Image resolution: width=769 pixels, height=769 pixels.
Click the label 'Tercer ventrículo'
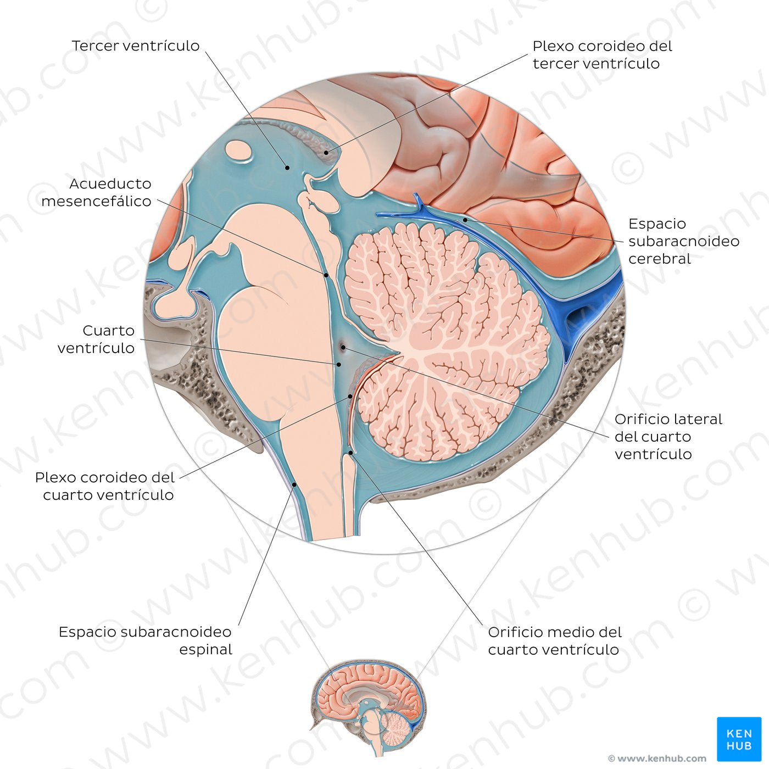[135, 46]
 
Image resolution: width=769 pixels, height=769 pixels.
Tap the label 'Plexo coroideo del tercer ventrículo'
[602, 54]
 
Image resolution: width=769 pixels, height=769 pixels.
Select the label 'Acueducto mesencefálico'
[96, 192]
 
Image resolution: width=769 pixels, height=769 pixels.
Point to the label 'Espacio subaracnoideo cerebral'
[683, 241]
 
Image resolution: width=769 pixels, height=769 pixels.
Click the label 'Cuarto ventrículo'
[96, 339]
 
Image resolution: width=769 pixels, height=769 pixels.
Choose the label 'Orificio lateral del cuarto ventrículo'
[668, 437]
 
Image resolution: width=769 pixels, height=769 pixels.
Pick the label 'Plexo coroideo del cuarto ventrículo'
[104, 486]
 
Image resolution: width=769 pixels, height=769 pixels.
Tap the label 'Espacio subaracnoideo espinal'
[146, 640]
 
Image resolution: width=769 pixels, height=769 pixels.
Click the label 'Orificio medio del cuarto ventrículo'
[554, 640]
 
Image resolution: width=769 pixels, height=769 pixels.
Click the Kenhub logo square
[739, 739]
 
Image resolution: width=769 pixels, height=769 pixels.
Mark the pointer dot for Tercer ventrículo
[286, 167]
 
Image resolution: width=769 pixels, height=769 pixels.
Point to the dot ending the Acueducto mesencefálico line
[326, 275]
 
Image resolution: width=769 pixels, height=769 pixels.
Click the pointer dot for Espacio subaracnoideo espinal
[294, 484]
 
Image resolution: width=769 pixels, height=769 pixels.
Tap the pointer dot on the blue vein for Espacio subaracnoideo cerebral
[465, 220]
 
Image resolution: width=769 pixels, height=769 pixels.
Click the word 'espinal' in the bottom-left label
[205, 649]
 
